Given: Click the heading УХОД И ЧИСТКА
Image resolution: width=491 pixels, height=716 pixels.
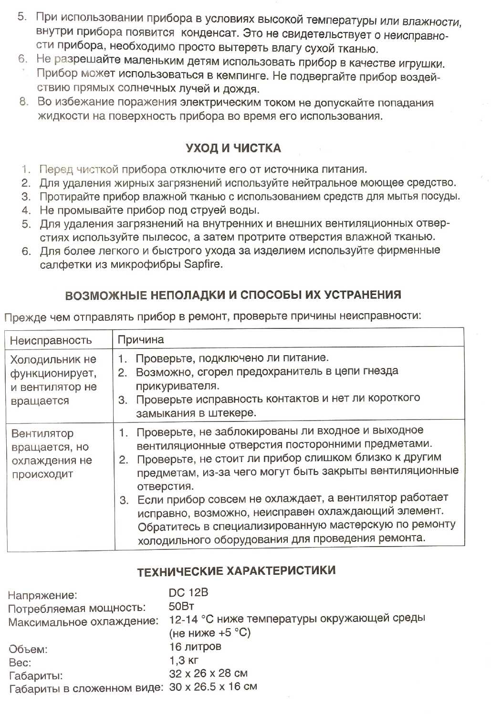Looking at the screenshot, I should click(233, 148).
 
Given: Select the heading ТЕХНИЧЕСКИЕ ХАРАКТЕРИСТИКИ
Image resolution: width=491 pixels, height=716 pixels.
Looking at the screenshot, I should click(236, 571).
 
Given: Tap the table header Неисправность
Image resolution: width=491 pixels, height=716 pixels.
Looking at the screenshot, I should click(51, 340).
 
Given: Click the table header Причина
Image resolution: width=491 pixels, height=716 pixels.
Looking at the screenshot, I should click(141, 340).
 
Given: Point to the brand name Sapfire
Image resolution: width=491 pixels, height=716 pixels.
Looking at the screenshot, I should click(203, 264).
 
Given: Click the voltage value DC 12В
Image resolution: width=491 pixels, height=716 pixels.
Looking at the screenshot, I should click(188, 593).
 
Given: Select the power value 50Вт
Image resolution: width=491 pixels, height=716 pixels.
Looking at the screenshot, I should click(181, 607).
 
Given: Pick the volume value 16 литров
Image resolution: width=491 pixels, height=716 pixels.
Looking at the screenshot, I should click(195, 647).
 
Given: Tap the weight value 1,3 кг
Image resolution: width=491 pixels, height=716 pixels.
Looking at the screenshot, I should click(184, 661).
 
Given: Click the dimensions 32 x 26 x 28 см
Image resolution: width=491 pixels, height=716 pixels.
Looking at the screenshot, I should click(208, 674).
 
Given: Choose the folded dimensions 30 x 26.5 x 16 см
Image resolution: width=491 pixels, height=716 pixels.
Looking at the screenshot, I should click(213, 687).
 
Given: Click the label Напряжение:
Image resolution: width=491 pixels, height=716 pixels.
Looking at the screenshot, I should click(42, 595).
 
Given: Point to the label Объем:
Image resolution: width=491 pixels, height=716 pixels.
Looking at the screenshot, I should click(28, 649).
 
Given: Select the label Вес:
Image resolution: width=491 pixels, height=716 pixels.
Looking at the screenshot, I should click(20, 663).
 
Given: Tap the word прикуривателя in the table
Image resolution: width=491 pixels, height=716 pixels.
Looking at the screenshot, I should click(178, 386).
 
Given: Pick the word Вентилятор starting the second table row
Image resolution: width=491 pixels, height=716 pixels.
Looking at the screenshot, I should click(42, 434).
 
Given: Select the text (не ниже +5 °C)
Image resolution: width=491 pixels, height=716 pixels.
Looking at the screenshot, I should click(210, 633).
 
